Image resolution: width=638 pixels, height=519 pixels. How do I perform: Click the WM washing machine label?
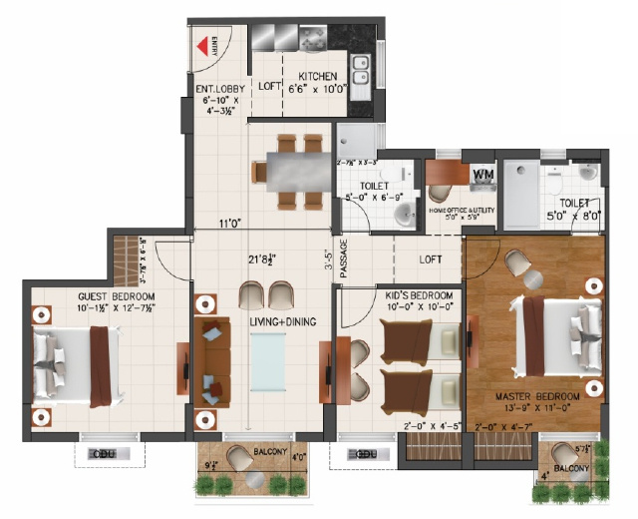click(x=483, y=176)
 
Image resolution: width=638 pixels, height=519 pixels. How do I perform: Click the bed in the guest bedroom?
click(x=79, y=360)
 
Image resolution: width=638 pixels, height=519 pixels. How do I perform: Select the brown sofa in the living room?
click(x=211, y=359)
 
